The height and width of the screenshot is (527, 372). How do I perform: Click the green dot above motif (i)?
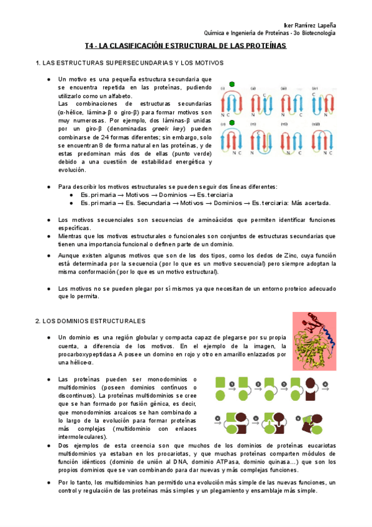point(232,83)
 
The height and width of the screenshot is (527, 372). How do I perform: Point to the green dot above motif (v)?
point(232,123)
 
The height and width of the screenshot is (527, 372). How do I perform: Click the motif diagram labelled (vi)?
point(261,140)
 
